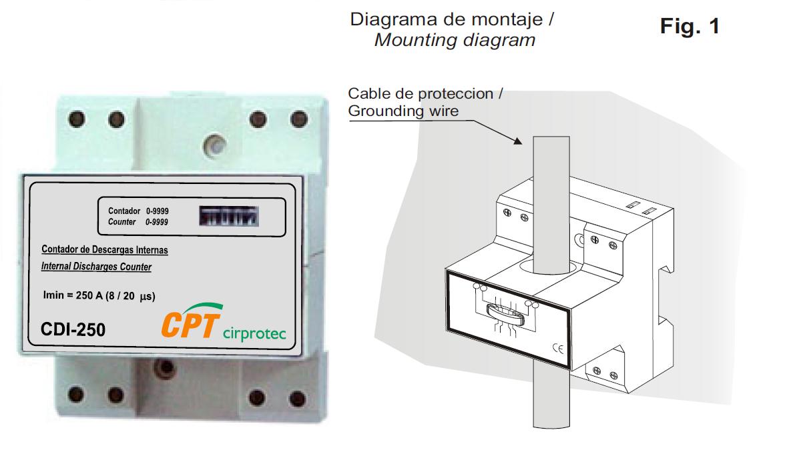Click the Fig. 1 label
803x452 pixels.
[x=690, y=27]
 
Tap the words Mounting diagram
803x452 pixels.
[x=455, y=40]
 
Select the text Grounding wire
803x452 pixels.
[x=403, y=111]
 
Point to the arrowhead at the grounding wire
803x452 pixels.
[x=518, y=141]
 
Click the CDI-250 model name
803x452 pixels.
[x=73, y=329]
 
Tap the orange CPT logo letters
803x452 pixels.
[x=190, y=325]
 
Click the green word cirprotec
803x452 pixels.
[x=254, y=333]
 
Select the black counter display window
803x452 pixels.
[x=229, y=216]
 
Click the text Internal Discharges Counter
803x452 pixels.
[x=96, y=267]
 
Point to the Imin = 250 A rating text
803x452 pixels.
[x=99, y=295]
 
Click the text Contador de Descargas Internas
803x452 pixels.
[x=105, y=249]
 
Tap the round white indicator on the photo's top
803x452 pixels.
[x=214, y=146]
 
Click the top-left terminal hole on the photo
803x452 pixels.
[x=77, y=119]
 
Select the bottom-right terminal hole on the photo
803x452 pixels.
[x=298, y=399]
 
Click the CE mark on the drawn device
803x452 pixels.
[x=558, y=348]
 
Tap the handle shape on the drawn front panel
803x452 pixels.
[x=505, y=315]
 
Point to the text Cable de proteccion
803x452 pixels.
[x=421, y=93]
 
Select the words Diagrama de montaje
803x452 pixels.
[x=447, y=19]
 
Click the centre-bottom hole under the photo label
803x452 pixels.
[x=165, y=367]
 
